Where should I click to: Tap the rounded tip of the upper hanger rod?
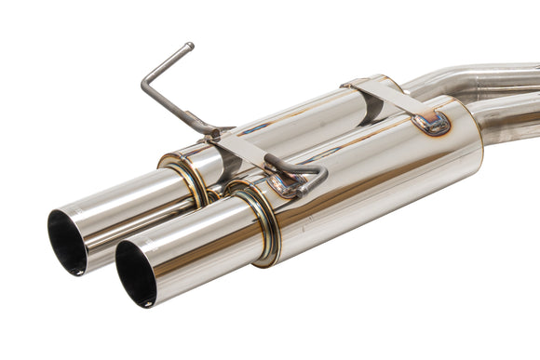pyautogui.click(x=189, y=46)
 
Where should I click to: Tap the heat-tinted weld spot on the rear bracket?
pyautogui.click(x=431, y=121)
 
